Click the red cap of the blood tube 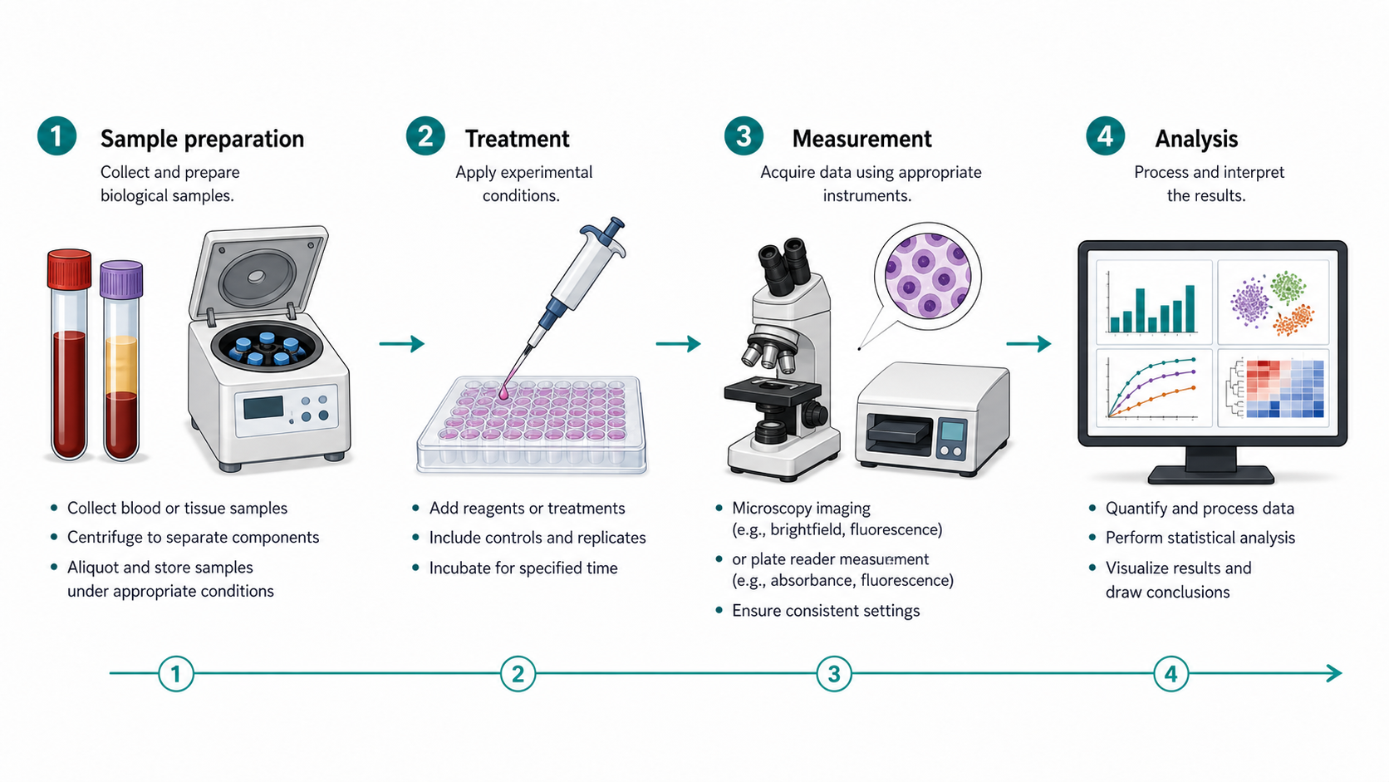click(x=70, y=270)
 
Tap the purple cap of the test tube click(x=121, y=279)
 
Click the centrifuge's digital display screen click(x=263, y=407)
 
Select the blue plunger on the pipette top click(x=605, y=234)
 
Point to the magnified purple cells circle click(x=928, y=276)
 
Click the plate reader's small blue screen click(x=952, y=430)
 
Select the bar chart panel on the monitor click(x=1153, y=302)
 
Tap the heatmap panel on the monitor click(x=1273, y=388)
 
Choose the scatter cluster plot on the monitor click(x=1273, y=302)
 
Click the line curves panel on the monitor click(x=1153, y=388)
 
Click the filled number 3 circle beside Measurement click(x=744, y=135)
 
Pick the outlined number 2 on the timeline click(x=518, y=673)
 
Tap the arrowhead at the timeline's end click(x=1334, y=673)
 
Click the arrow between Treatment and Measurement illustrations click(x=679, y=343)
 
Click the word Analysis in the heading click(x=1196, y=139)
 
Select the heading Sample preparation click(x=202, y=139)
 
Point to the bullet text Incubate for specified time click(x=523, y=568)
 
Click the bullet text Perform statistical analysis click(x=1200, y=538)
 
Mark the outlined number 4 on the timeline click(x=1171, y=673)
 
